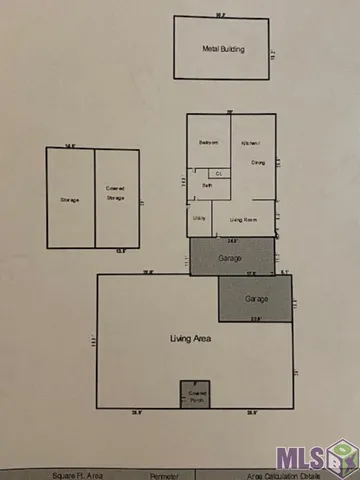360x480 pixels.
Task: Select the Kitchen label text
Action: [251, 143]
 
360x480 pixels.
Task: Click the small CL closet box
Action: [217, 173]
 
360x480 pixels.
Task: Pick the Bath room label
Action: [207, 186]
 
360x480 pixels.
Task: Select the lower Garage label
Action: [256, 298]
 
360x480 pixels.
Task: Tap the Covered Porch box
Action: [195, 394]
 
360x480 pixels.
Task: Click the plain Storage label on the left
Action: [69, 200]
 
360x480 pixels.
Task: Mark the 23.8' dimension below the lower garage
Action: [255, 320]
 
